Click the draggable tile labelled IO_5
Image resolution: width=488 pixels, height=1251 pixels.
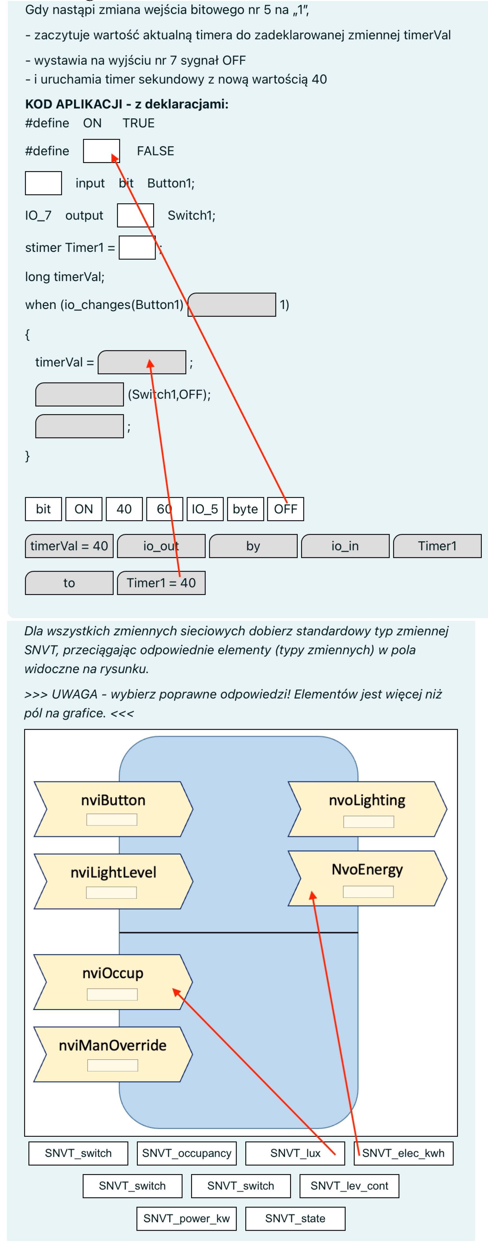point(205,509)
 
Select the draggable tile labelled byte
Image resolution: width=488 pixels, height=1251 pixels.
point(245,509)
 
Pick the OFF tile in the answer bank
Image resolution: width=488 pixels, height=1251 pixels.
point(285,509)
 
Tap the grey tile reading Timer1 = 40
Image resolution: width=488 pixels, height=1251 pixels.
point(161,583)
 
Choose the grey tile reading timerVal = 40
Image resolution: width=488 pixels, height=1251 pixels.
point(69,546)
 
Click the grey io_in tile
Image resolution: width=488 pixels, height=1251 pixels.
point(345,546)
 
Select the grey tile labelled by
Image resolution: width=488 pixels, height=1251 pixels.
point(253,546)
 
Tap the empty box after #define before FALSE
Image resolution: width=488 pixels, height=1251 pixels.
point(101,151)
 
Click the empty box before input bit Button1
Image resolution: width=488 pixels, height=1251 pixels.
point(43,183)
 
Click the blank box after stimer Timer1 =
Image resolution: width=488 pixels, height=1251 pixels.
point(137,248)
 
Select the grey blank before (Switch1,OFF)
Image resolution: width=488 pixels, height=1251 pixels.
point(79,394)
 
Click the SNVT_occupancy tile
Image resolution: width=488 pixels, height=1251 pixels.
point(187,1153)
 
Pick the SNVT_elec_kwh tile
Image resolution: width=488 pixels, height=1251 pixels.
point(403,1153)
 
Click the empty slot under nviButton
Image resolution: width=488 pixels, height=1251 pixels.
point(112,820)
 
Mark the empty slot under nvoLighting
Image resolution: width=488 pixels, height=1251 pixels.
point(368,822)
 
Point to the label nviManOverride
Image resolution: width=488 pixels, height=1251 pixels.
point(113,1045)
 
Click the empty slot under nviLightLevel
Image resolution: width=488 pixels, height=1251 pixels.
point(111,892)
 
